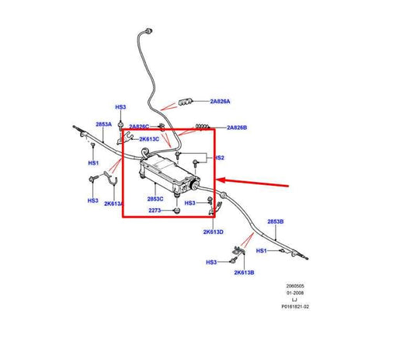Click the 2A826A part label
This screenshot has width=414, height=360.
tap(220, 101)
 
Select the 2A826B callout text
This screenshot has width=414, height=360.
tap(238, 128)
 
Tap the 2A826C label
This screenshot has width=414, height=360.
tap(140, 127)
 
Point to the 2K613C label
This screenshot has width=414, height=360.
tap(150, 139)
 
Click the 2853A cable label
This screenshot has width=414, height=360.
tap(104, 124)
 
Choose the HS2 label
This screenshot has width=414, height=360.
tap(219, 158)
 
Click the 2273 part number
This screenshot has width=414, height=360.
tap(155, 211)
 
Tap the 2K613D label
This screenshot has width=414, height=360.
tap(213, 232)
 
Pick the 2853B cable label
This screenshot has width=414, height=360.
tap(276, 222)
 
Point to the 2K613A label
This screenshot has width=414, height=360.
tap(113, 204)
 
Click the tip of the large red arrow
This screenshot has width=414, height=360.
tap(217, 181)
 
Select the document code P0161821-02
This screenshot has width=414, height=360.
tap(295, 307)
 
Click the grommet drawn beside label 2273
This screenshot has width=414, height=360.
tap(177, 210)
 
